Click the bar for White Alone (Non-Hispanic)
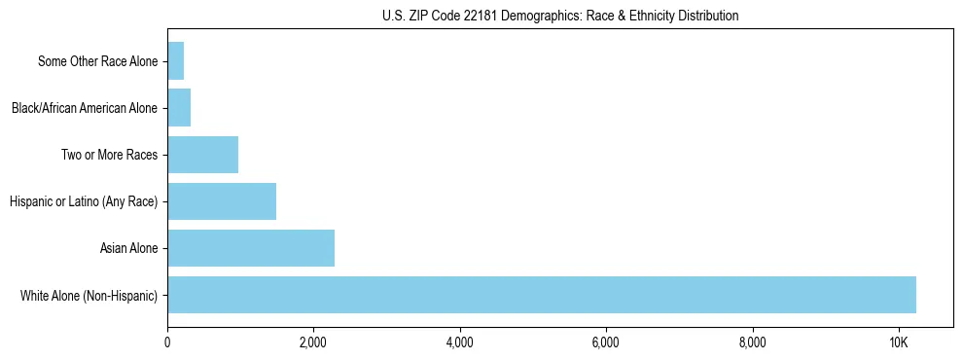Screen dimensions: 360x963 click(542, 295)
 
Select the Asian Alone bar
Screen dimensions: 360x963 click(251, 248)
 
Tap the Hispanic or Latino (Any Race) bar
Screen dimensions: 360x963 click(222, 201)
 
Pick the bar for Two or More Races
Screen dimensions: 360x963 click(202, 155)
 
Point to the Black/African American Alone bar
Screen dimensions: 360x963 click(179, 108)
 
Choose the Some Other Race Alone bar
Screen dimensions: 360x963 click(176, 61)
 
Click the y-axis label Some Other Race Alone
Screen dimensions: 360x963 click(97, 61)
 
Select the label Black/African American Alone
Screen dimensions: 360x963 click(85, 108)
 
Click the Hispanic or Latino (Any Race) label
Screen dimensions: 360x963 click(84, 201)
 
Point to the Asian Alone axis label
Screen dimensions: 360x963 click(128, 248)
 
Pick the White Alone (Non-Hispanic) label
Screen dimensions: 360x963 click(89, 295)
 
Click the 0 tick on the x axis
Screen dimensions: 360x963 click(167, 342)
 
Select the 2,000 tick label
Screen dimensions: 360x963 click(313, 342)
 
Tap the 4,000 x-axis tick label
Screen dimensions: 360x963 click(459, 342)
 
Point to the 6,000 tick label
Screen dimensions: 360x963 click(606, 342)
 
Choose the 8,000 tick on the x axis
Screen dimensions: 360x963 click(752, 342)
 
